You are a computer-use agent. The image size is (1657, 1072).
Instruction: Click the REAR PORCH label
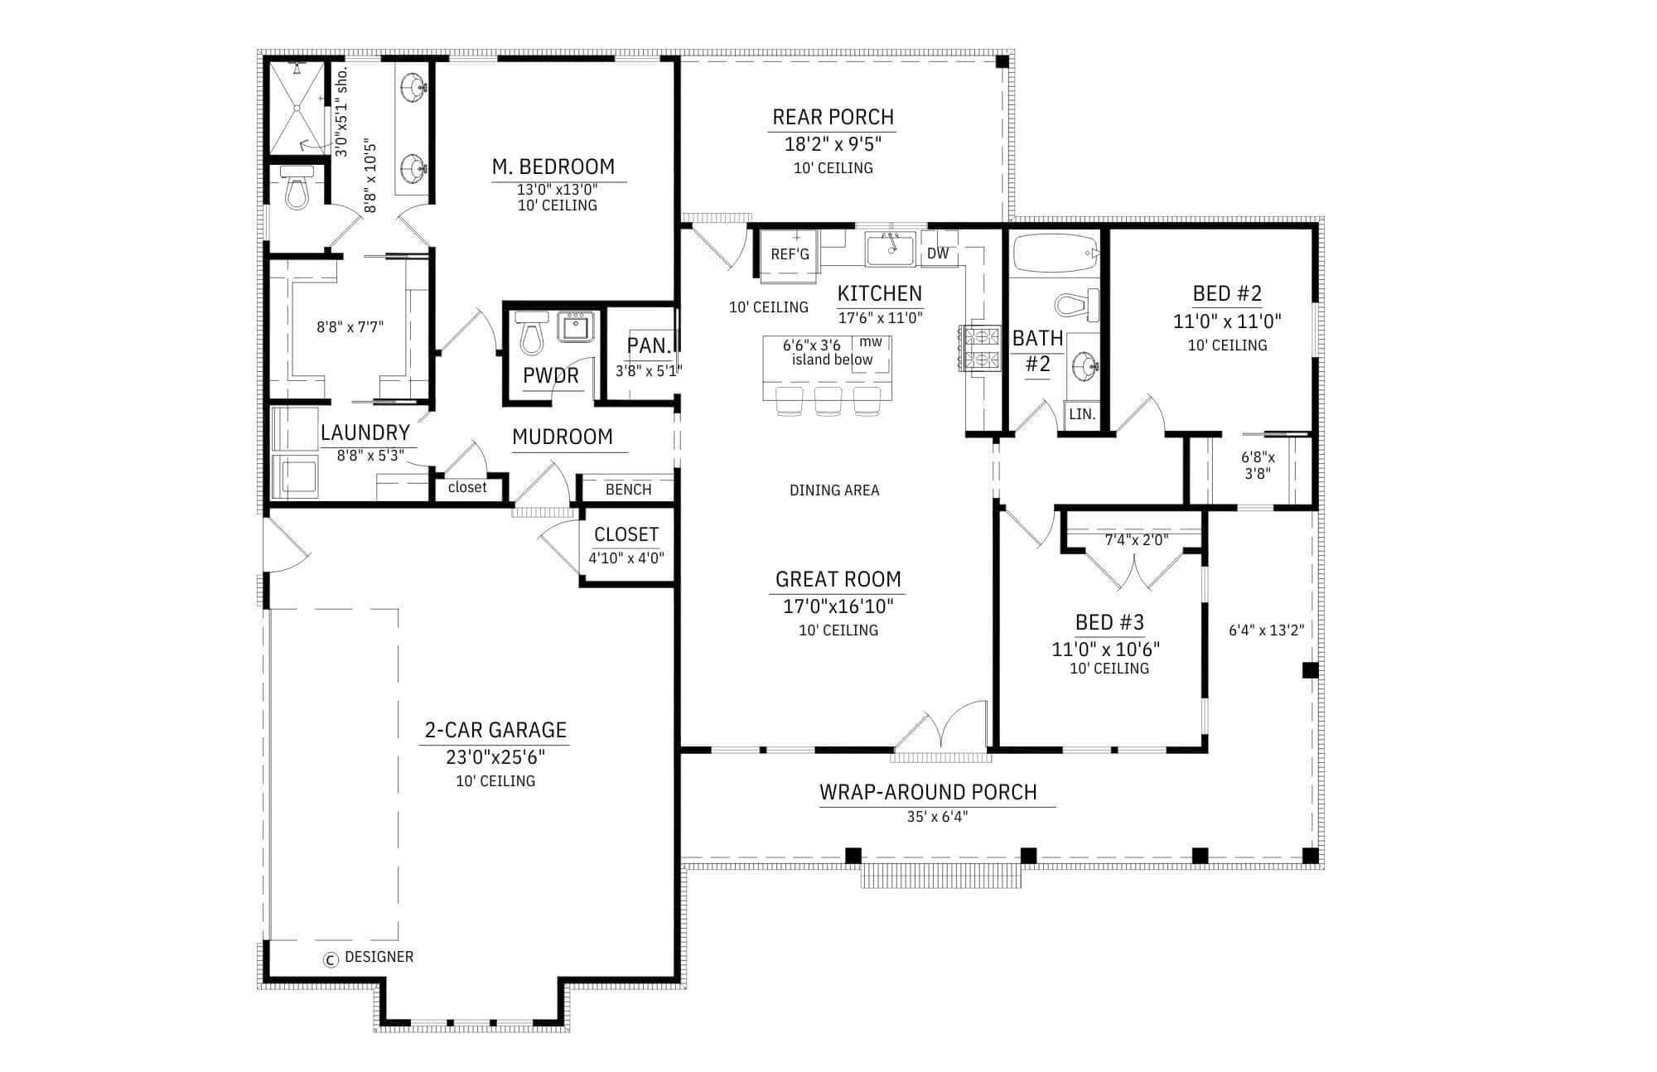pos(833,117)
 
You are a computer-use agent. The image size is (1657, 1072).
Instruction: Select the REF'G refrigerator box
pos(790,254)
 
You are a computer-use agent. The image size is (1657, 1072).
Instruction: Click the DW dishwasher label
pos(938,254)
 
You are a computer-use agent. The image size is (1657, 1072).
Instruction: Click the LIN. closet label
pos(1081,414)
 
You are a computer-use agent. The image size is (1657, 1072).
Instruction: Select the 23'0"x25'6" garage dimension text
pos(495,756)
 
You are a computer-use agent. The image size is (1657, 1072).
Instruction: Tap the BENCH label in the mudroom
pos(628,490)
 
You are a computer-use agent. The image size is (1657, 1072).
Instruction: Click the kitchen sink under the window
pos(890,249)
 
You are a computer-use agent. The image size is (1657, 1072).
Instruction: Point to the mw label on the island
pos(871,341)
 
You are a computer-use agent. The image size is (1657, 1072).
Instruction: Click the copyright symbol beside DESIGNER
pos(331,959)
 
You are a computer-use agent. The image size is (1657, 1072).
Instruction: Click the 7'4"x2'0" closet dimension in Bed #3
pos(1137,540)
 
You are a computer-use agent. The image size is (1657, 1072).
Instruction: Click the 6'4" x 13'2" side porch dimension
pos(1266,630)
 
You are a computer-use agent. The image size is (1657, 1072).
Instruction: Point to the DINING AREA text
pos(834,490)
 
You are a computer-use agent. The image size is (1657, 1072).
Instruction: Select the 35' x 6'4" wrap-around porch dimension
pos(937,817)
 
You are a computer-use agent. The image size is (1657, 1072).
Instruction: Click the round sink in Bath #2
pos(1085,364)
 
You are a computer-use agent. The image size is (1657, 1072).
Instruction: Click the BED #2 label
pos(1227,293)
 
